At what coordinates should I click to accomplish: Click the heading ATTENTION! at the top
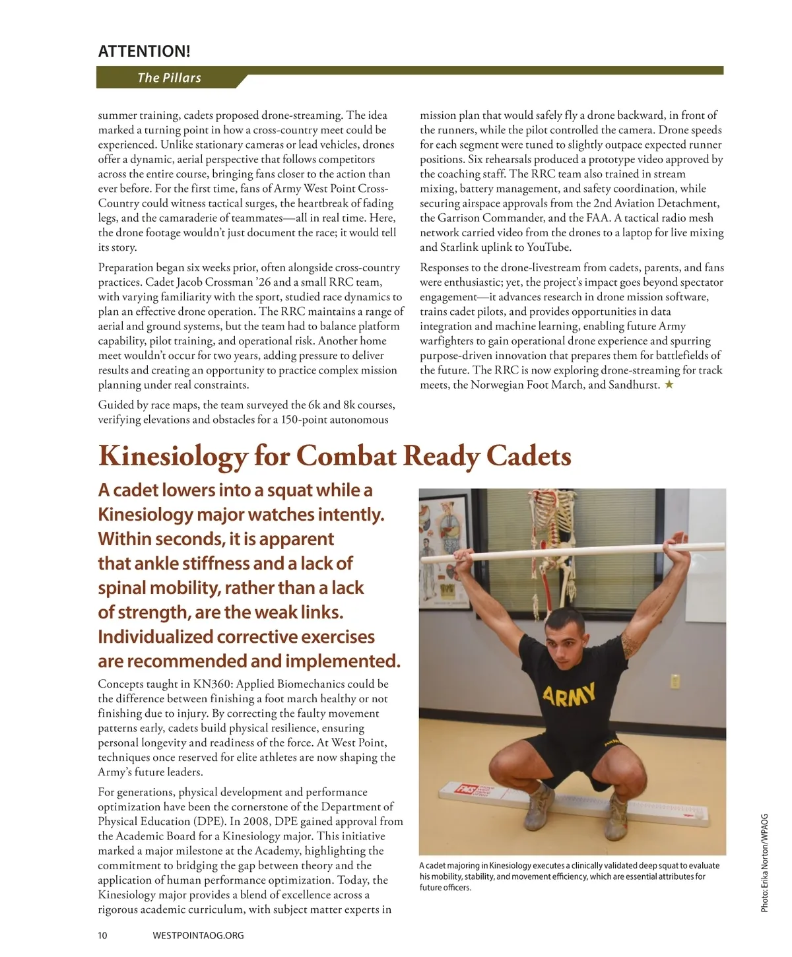[144, 51]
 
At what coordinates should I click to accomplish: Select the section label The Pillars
[169, 78]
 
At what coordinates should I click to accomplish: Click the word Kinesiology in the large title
[173, 456]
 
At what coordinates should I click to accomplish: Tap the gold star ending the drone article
[669, 385]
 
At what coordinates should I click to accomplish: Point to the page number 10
[102, 935]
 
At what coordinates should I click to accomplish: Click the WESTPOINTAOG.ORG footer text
[198, 935]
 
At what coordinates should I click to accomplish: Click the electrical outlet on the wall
[675, 680]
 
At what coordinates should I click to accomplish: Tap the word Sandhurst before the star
[633, 385]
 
